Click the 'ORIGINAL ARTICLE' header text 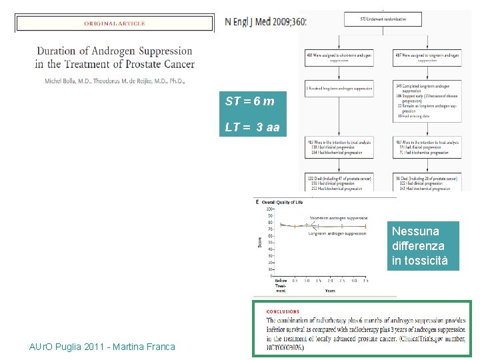tap(114, 23)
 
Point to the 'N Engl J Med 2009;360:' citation tap(265, 21)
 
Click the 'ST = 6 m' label tap(249, 101)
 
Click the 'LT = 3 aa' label tap(253, 127)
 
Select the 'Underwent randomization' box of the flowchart tap(383, 19)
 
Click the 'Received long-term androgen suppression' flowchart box tap(339, 88)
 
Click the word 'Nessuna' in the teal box tap(415, 231)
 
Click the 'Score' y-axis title tap(260, 241)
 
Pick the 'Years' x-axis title tap(330, 291)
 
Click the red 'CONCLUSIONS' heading tap(283, 311)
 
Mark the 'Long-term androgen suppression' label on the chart tap(337, 233)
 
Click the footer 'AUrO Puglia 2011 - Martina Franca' tap(103, 347)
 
